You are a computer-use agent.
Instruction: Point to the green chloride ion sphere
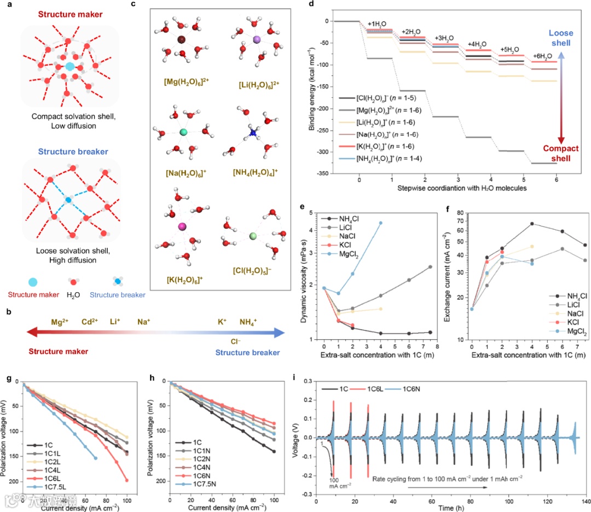coord(253,236)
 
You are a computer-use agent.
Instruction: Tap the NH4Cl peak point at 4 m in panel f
coord(516,224)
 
